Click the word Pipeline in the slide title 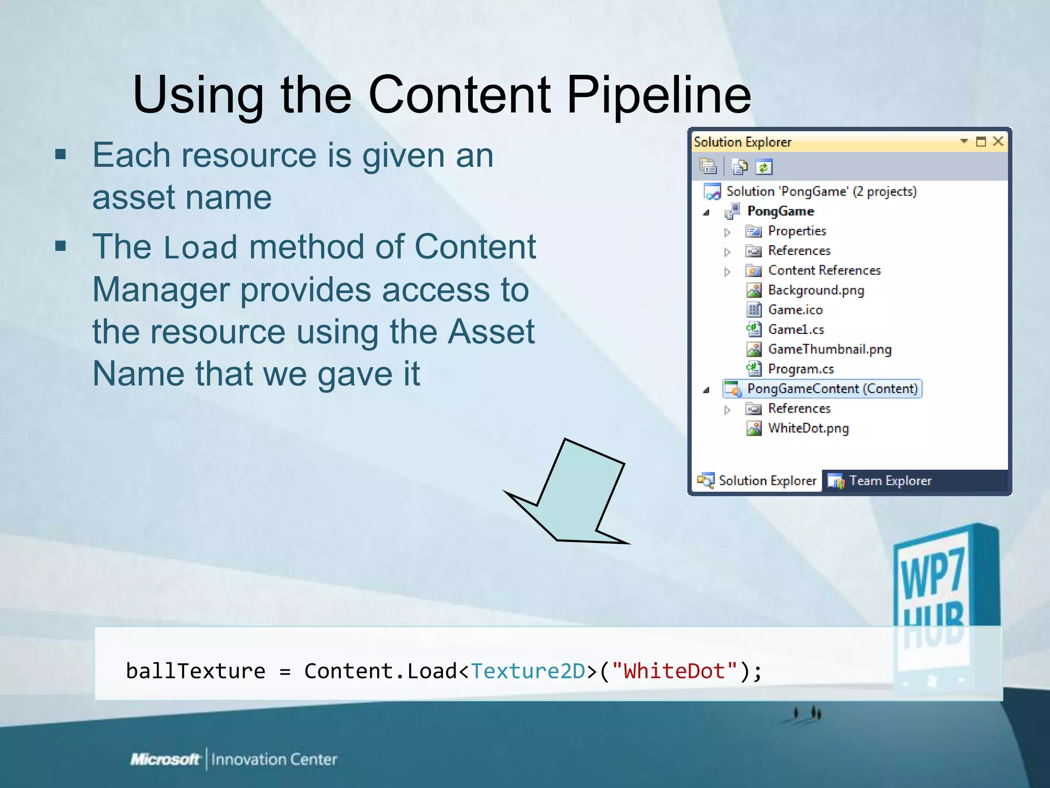[x=658, y=95]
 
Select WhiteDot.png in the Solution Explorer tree [x=807, y=428]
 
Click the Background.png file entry [x=815, y=290]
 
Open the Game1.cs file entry [x=795, y=330]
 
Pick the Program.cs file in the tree [x=800, y=369]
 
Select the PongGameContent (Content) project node [x=832, y=389]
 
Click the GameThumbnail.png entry [x=829, y=349]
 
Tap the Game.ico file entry [x=795, y=310]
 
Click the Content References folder [x=824, y=270]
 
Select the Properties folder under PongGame [x=797, y=231]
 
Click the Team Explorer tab [x=890, y=481]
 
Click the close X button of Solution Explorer [x=998, y=141]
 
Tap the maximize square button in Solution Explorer [x=981, y=142]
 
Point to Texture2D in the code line [x=528, y=672]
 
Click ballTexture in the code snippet [x=195, y=672]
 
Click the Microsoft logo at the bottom [x=165, y=759]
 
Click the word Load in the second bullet [x=200, y=248]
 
